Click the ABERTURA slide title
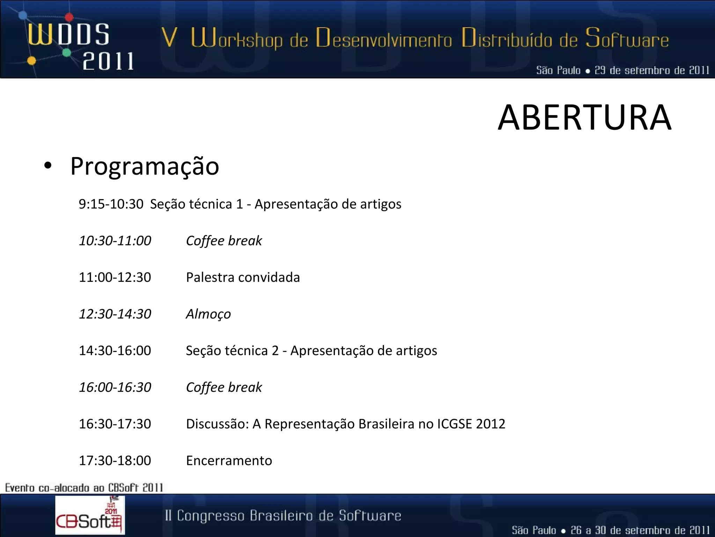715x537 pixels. (x=584, y=118)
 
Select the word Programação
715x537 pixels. (x=145, y=166)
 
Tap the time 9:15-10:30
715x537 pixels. (x=111, y=204)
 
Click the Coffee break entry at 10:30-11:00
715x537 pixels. (x=224, y=241)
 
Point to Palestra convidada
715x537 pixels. (x=243, y=277)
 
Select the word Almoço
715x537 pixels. (x=208, y=314)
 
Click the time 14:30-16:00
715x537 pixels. (x=115, y=350)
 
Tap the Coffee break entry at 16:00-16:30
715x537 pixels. (x=224, y=387)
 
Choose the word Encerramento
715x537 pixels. (x=229, y=460)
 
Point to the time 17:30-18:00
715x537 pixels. (x=115, y=460)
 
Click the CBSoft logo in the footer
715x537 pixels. (x=90, y=515)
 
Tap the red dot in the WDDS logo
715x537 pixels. (x=69, y=16)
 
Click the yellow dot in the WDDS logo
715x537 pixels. (x=31, y=61)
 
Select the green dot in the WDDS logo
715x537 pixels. (x=67, y=53)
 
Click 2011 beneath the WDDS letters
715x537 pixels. (x=108, y=62)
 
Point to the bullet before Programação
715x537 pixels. (x=48, y=166)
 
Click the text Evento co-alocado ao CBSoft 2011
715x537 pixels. (x=84, y=487)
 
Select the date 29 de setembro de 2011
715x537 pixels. (x=651, y=70)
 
